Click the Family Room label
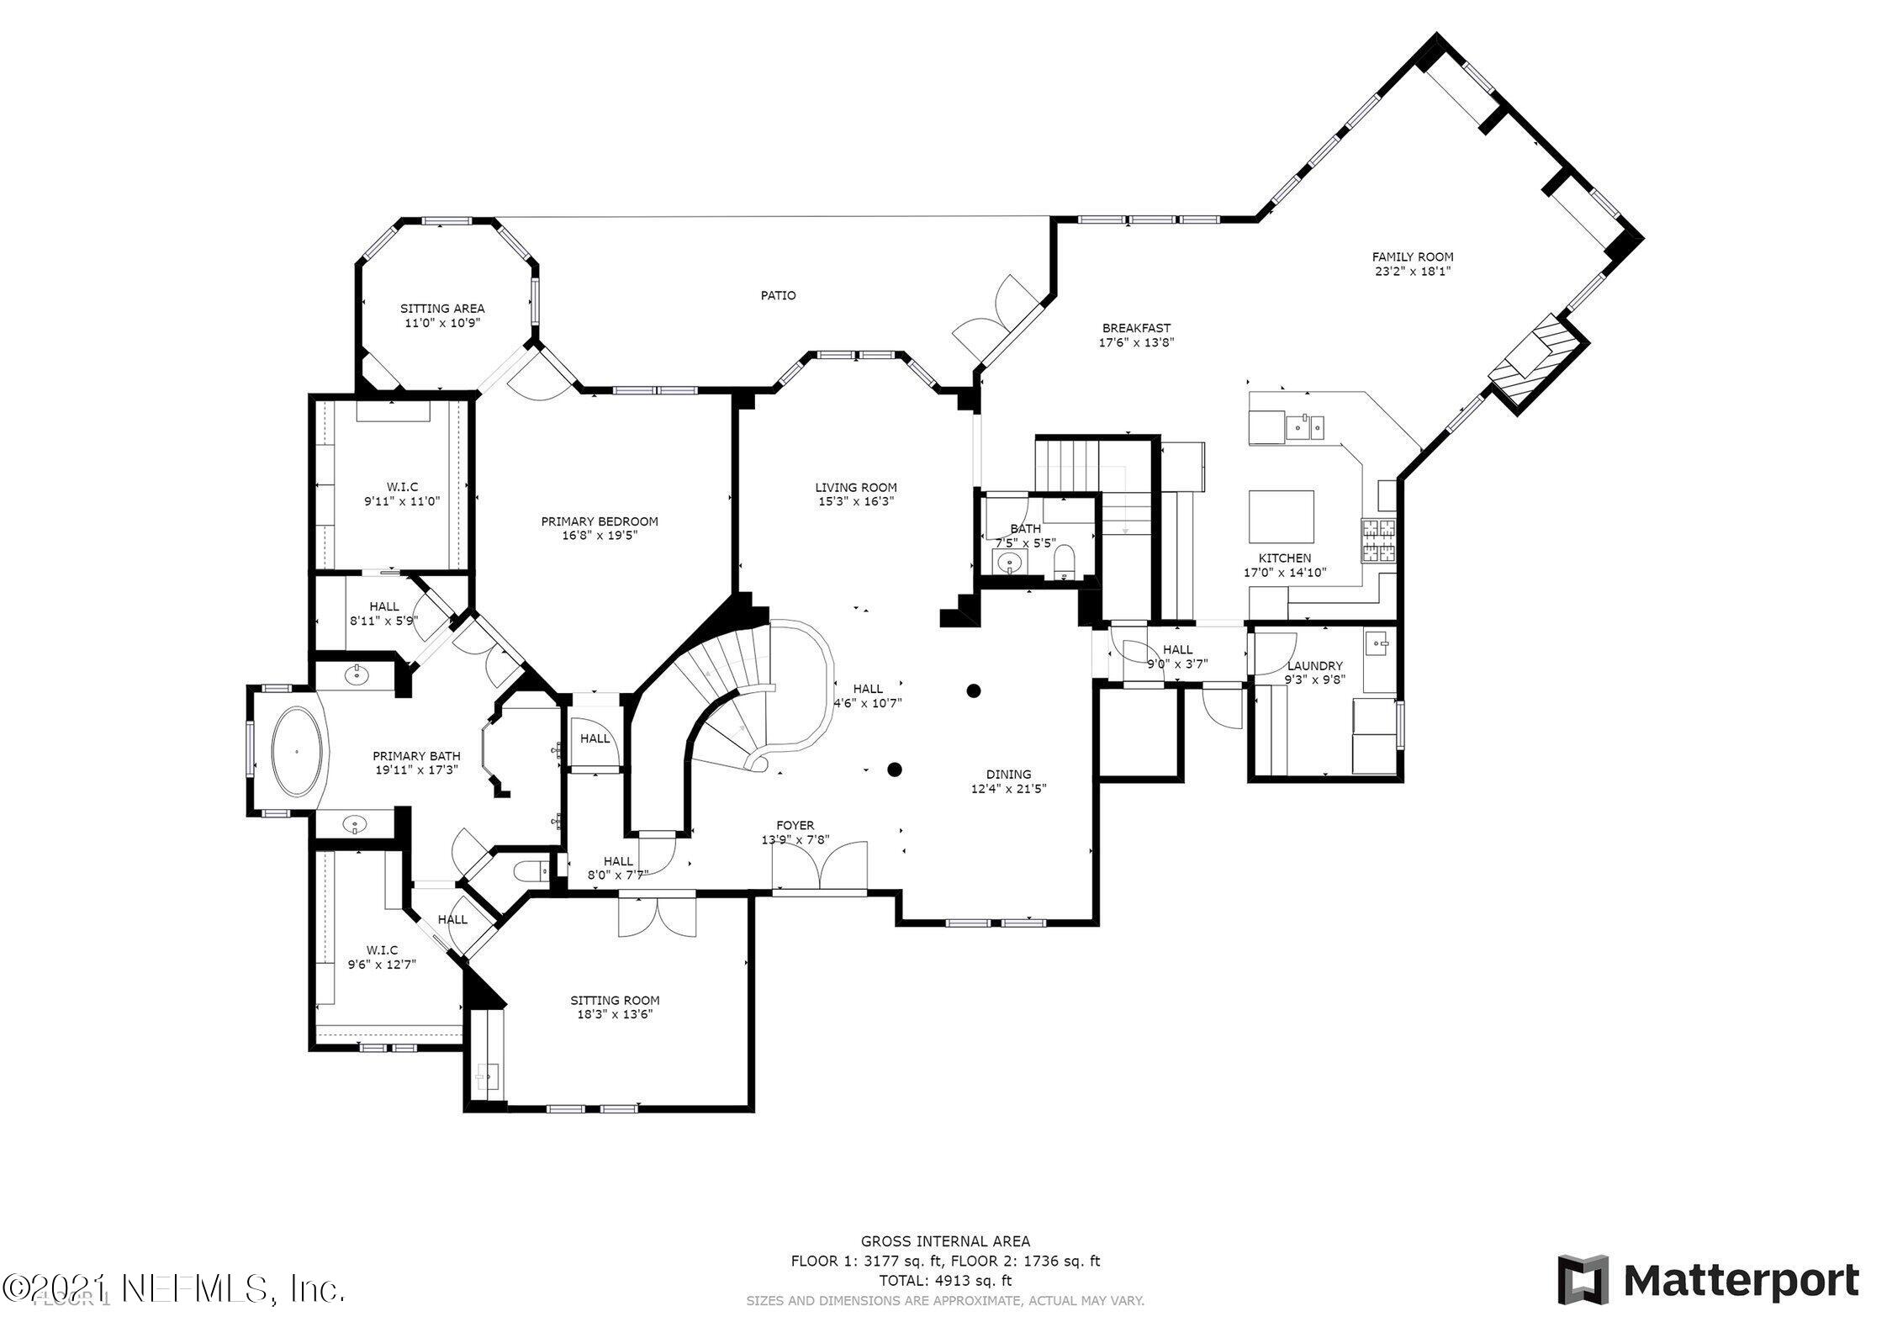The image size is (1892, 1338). tap(1412, 257)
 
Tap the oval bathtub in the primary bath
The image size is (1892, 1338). tap(296, 752)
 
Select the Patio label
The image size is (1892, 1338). tap(778, 295)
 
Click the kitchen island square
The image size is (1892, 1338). tap(1281, 517)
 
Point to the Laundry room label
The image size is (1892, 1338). tap(1314, 665)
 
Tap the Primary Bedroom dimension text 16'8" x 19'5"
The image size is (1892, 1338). tap(599, 535)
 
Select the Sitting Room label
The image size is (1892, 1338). tap(615, 1000)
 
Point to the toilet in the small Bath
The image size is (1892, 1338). tap(1065, 562)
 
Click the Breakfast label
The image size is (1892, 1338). tap(1136, 328)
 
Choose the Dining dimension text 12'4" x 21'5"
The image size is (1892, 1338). tap(1008, 788)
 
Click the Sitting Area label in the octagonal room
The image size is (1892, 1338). tap(441, 309)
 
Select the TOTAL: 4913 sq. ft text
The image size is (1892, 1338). tap(945, 1304)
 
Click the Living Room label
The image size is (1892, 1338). tap(855, 487)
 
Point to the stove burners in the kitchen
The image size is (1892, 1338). tap(1377, 540)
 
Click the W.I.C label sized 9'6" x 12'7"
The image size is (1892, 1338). tap(382, 950)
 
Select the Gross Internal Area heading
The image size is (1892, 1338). tap(945, 1264)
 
